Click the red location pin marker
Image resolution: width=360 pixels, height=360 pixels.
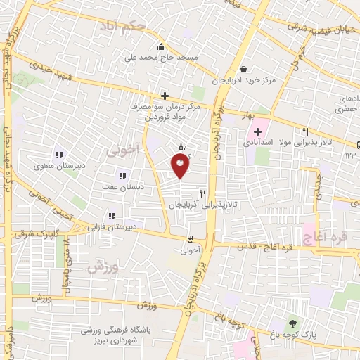point(180,166)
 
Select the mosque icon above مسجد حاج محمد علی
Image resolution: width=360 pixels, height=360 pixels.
point(162,45)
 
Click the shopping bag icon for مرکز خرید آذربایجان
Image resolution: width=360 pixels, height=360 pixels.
point(243,69)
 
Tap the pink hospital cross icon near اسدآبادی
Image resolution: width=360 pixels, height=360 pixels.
point(257,131)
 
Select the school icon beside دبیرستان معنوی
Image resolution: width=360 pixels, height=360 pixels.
point(59,155)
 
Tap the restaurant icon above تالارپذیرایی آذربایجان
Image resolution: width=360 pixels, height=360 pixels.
point(202,193)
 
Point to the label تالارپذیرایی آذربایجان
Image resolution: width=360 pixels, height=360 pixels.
point(198,205)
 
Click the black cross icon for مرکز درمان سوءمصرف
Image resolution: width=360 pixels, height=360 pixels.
point(165,96)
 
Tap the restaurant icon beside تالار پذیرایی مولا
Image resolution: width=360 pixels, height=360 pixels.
point(305,131)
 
